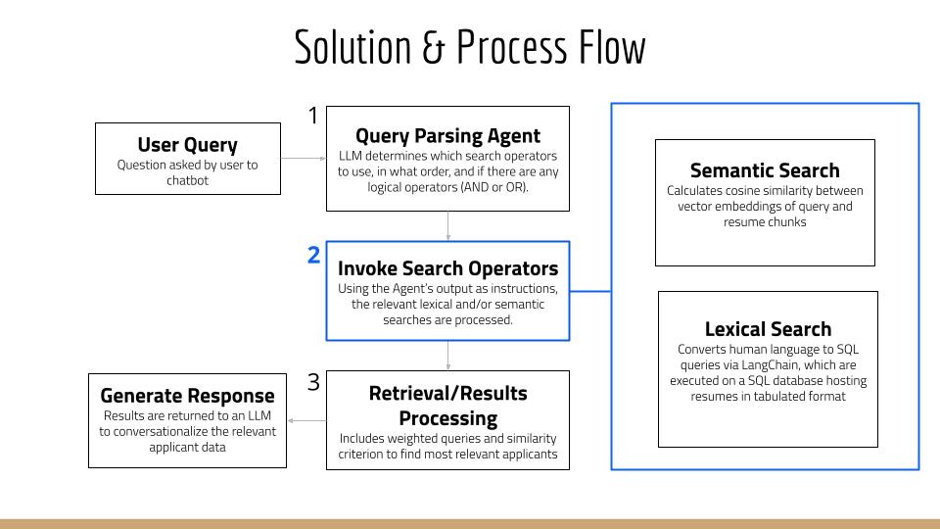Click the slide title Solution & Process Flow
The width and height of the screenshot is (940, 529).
pos(470,48)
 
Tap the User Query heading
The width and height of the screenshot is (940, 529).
pos(187,145)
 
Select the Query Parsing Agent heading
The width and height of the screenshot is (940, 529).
pos(447,135)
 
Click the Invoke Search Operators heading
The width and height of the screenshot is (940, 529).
pos(447,268)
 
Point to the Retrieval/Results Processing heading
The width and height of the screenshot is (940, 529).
pos(447,406)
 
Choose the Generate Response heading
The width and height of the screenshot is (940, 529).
pos(187,396)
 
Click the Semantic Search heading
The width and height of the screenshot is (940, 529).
pos(765,170)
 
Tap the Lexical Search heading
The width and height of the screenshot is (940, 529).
pos(768,329)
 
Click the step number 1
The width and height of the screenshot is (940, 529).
pos(313,116)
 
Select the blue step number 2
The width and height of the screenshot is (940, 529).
pos(313,256)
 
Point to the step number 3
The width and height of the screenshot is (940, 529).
pos(313,382)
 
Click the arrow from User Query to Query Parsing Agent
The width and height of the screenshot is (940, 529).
pos(303,158)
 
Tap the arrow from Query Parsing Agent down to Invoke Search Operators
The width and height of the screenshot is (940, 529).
pos(447,225)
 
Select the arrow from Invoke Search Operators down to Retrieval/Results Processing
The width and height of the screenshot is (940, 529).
pos(447,355)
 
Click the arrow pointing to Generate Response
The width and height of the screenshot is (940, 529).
pos(306,420)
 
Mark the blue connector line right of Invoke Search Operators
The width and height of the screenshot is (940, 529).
pos(590,291)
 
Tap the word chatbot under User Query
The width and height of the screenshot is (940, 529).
pos(187,180)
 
